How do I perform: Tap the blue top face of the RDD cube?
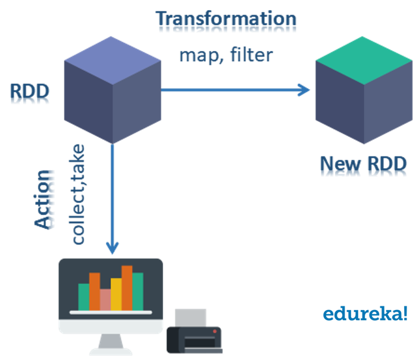[112, 60]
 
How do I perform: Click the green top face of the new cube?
[364, 60]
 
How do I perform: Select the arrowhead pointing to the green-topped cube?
[304, 90]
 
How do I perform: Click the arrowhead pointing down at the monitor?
[112, 247]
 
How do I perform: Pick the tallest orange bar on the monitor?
[127, 287]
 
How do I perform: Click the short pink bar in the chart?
[105, 299]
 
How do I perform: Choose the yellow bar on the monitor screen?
[116, 294]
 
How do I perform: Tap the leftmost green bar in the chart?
[84, 296]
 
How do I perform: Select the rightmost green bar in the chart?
[137, 291]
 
